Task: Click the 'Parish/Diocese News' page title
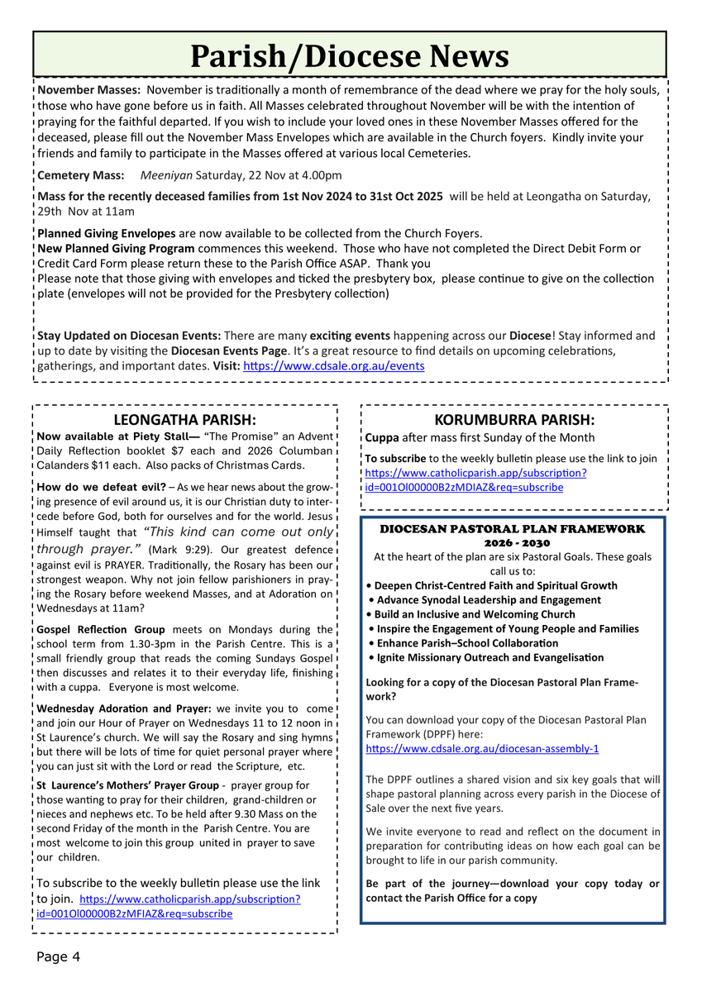coord(350,56)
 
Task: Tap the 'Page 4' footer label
coord(58,957)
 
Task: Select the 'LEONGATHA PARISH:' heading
coord(184,419)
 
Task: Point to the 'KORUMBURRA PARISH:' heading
coord(514,419)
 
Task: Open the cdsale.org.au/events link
coord(333,365)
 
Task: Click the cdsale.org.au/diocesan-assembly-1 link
coord(482,748)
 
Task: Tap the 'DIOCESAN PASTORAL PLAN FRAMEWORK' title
coord(512,528)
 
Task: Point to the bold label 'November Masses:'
coord(89,90)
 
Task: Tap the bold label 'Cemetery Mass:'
coord(81,175)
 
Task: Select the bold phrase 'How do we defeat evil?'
coord(101,486)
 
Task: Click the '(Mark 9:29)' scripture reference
coord(184,549)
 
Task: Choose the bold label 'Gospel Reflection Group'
coord(101,629)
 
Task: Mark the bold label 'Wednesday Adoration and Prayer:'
coord(125,708)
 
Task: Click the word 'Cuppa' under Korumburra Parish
coord(382,437)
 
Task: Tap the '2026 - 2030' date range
coord(512,542)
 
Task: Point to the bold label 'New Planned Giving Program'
coord(117,248)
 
